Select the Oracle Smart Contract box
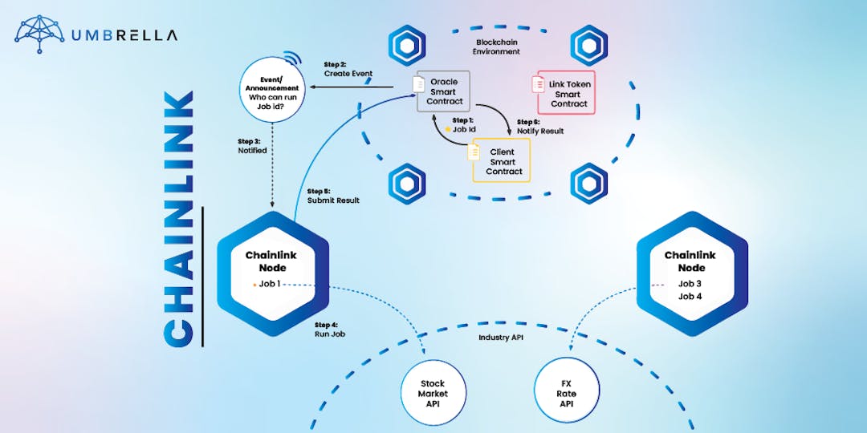pos(443,91)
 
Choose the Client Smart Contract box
pos(501,161)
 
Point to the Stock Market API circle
pos(433,393)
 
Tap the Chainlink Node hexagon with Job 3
pos(691,273)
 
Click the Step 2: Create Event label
pos(348,69)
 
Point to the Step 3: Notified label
pos(252,145)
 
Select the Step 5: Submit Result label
pos(332,196)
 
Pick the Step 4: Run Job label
pos(329,329)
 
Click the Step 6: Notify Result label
pos(539,126)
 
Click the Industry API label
pos(500,338)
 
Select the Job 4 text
pos(690,297)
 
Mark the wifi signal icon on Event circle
pos(292,60)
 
